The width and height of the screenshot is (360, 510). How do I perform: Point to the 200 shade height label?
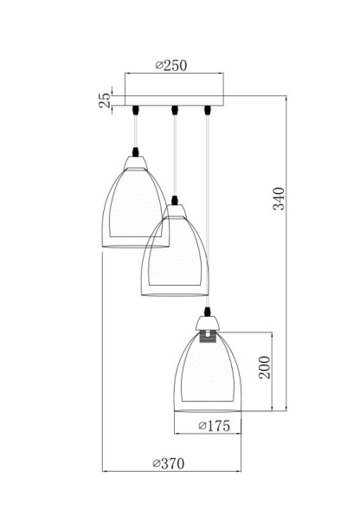coord(266,371)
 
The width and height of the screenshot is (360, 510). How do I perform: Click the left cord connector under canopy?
coord(137,110)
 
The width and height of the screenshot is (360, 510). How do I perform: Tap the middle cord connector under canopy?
coord(175,110)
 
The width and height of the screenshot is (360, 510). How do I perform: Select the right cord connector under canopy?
coord(208,110)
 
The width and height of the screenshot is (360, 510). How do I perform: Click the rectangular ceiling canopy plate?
coord(174,94)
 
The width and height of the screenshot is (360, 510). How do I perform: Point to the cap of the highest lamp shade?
coord(137,160)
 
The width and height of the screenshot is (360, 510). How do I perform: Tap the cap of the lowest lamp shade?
coord(208,324)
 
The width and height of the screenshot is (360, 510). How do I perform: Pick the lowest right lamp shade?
coord(208,372)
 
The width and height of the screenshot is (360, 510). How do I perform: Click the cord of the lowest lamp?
coord(208,216)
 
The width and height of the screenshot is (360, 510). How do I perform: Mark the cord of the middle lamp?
coord(175,156)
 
